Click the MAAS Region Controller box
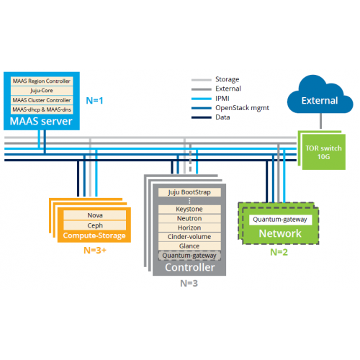[x=41, y=81]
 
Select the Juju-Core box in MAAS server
[x=41, y=91]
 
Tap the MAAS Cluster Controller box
[x=41, y=100]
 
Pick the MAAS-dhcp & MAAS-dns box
[x=41, y=109]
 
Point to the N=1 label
[x=95, y=100]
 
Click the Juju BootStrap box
[x=189, y=192]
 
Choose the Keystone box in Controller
[x=189, y=209]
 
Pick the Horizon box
[x=189, y=228]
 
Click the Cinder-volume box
[x=189, y=237]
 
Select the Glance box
[x=189, y=246]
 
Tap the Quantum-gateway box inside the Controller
[x=189, y=256]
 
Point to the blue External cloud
[x=318, y=101]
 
